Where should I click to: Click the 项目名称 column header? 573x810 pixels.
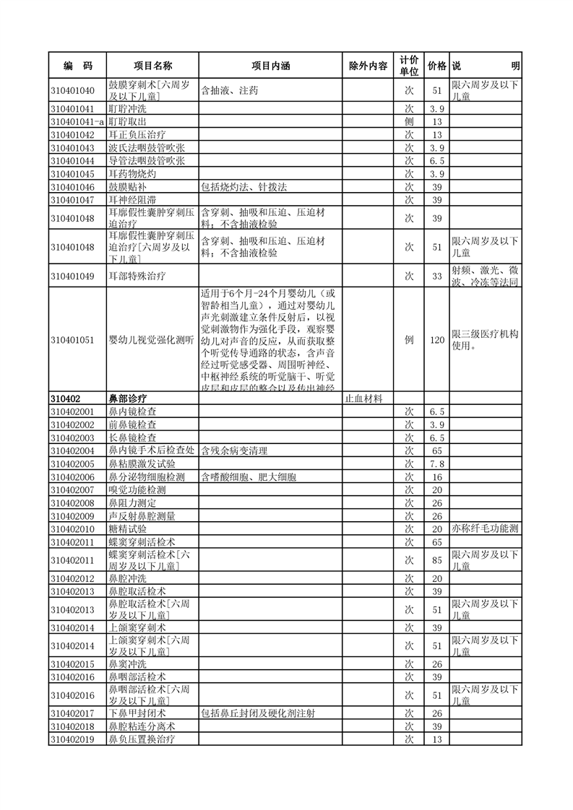tap(152, 66)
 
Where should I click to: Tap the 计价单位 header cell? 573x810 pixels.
tap(408, 66)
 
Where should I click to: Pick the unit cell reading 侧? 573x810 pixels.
tap(408, 121)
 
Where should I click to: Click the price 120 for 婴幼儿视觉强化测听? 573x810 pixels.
tap(436, 339)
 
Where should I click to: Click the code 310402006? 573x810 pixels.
tap(73, 477)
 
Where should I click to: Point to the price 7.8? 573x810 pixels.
tap(436, 463)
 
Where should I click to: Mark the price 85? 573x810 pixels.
tap(436, 559)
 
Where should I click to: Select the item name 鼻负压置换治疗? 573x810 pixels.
tap(142, 739)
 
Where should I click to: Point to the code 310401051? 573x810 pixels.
tap(73, 339)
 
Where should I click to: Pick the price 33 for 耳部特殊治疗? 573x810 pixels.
tap(436, 276)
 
